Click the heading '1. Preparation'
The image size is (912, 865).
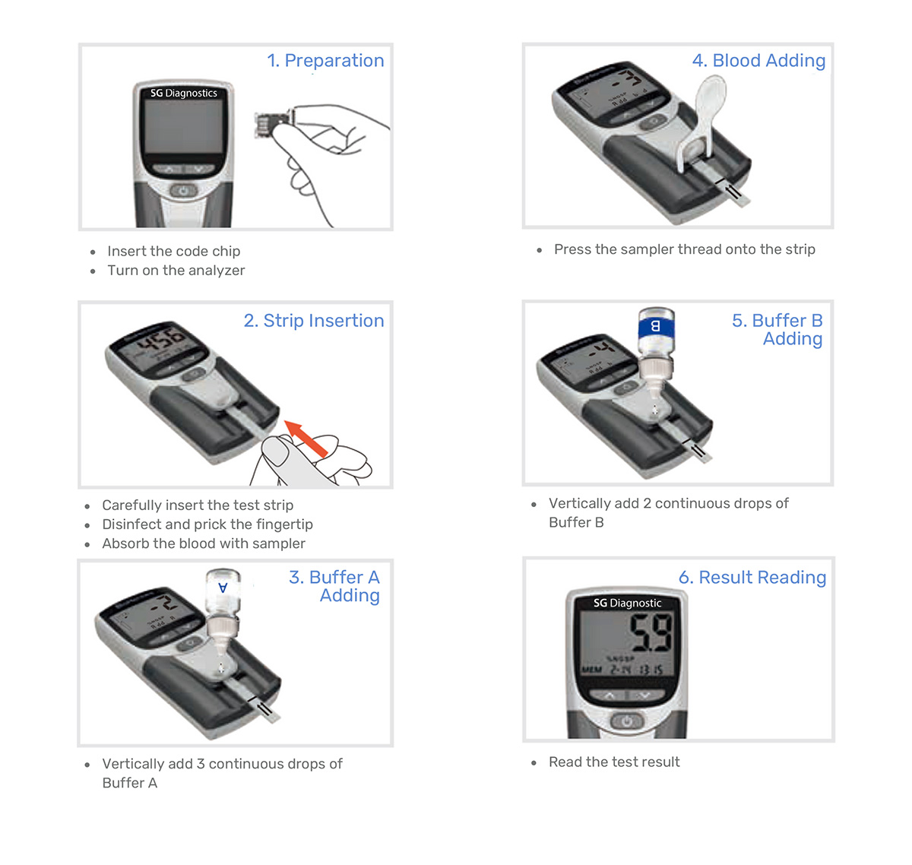pyautogui.click(x=325, y=61)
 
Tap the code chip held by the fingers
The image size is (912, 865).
pyautogui.click(x=272, y=124)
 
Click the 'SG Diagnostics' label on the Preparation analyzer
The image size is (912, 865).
pyautogui.click(x=184, y=93)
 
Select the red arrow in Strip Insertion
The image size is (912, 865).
pyautogui.click(x=306, y=438)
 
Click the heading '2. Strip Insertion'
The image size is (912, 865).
pyautogui.click(x=313, y=321)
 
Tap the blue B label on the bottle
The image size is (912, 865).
pyautogui.click(x=655, y=327)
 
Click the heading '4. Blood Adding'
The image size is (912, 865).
pyautogui.click(x=758, y=61)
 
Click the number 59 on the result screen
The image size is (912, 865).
pyautogui.click(x=651, y=632)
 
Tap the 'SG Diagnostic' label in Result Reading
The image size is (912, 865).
pyautogui.click(x=627, y=603)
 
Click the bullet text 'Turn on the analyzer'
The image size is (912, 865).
pyautogui.click(x=176, y=271)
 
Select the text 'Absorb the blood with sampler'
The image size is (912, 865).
pyautogui.click(x=204, y=543)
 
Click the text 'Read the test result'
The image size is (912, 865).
pyautogui.click(x=614, y=762)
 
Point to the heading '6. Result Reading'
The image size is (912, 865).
pyautogui.click(x=752, y=578)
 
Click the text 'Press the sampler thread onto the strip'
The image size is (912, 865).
pyautogui.click(x=684, y=249)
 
